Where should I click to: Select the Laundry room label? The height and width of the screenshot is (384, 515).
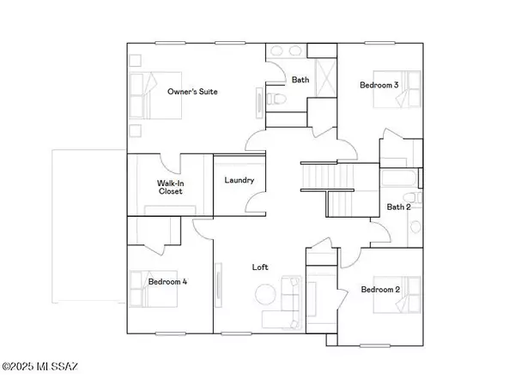(238, 180)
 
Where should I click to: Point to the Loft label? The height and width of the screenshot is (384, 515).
(260, 267)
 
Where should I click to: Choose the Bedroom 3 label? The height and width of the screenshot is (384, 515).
(379, 85)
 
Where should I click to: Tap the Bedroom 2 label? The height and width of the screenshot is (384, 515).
(381, 289)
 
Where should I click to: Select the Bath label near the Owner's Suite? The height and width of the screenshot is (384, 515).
(300, 81)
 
